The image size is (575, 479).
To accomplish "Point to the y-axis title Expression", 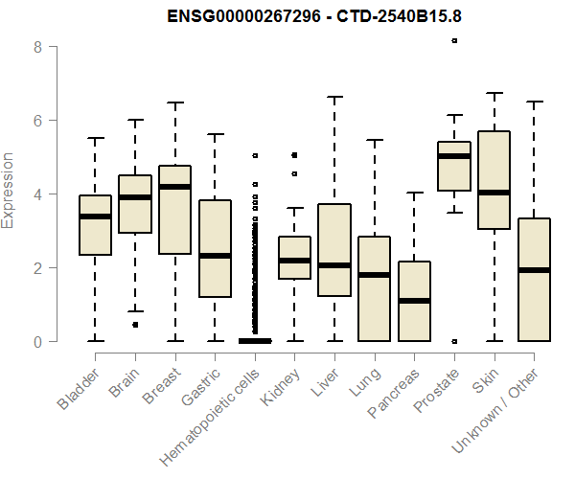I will coord(10,190).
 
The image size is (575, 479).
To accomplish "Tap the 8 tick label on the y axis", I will coord(39,46).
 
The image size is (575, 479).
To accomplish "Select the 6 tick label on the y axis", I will coord(39,120).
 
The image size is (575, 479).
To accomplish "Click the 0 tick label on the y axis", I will coord(39,341).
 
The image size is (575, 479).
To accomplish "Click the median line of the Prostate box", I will coord(453,156).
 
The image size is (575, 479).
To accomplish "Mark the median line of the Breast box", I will coord(174,186).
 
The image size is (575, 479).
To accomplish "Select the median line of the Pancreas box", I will coord(414,301).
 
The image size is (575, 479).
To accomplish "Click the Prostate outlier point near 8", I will coord(454,40).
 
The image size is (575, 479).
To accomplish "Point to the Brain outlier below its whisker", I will coord(135,325).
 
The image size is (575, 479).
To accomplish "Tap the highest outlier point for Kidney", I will coord(294,154).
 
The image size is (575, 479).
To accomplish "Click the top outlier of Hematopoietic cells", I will coord(255,155).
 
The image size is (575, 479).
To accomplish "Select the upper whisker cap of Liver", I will coord(334,97).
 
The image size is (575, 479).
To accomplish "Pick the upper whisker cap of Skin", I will coord(494,94).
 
